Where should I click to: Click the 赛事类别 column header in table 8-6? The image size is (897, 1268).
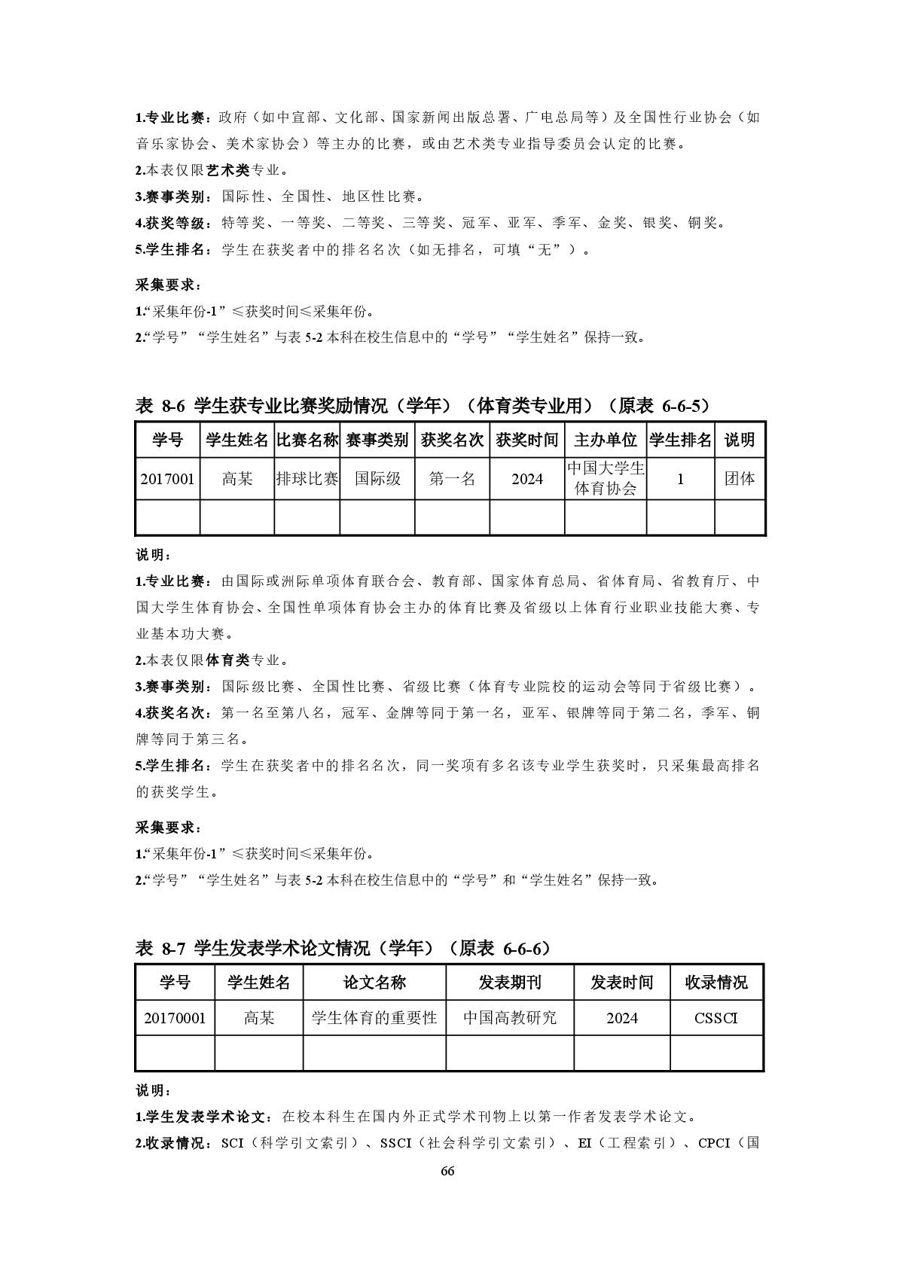(x=377, y=440)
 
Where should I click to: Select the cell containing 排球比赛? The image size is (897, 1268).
(x=307, y=478)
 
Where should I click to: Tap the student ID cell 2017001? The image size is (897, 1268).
(x=167, y=478)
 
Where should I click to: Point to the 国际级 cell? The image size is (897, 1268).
(x=377, y=478)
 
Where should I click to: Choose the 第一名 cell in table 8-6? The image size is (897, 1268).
(x=452, y=478)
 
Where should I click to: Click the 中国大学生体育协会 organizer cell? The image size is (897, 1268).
(x=606, y=478)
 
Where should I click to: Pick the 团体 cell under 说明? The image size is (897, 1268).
(x=740, y=478)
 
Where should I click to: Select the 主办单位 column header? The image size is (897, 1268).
(x=606, y=440)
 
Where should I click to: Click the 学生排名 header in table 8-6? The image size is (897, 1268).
(x=680, y=440)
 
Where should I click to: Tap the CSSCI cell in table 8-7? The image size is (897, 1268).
(x=716, y=1018)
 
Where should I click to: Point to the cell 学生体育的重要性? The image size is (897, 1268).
(x=374, y=1018)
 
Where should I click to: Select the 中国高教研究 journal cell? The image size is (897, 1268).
(x=510, y=1018)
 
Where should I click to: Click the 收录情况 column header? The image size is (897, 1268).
(x=716, y=983)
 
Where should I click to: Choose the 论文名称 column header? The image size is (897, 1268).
(x=374, y=983)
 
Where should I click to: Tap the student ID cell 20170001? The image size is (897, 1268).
(x=175, y=1018)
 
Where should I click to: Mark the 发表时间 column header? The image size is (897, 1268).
(x=622, y=983)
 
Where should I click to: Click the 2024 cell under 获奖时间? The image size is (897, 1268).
(x=527, y=478)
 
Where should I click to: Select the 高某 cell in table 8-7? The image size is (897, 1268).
(x=259, y=1018)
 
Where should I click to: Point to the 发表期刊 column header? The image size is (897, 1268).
(x=510, y=983)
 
